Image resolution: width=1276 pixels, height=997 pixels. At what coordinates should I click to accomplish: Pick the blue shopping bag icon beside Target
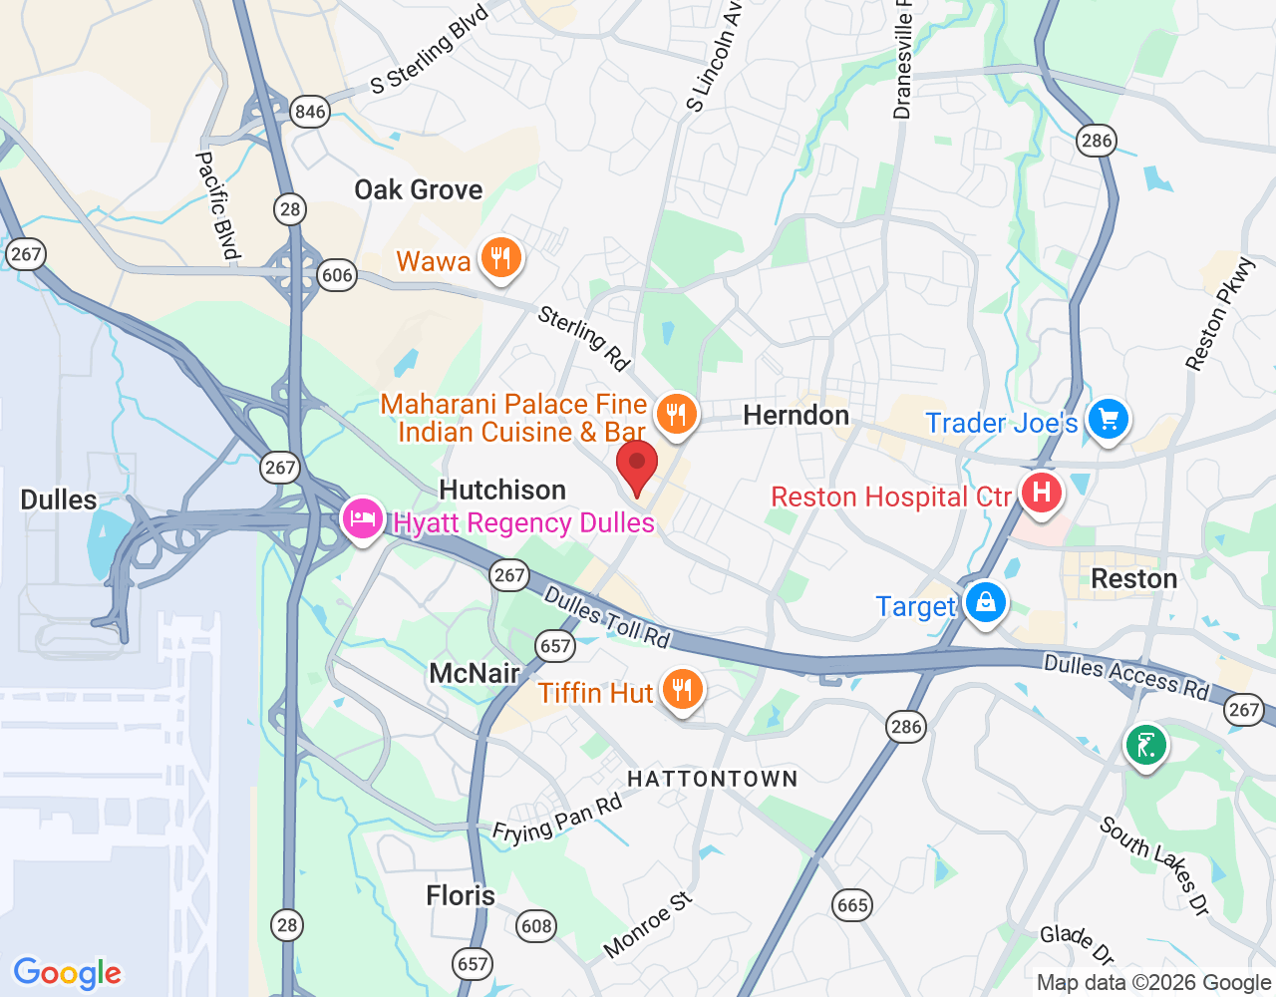(x=985, y=603)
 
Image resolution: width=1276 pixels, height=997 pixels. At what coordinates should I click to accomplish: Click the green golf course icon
(x=1146, y=745)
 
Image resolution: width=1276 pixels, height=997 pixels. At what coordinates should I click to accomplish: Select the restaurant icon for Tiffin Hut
(x=682, y=689)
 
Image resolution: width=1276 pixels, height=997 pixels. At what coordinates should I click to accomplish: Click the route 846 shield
(x=310, y=112)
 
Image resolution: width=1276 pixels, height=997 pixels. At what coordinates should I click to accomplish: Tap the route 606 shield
(x=337, y=275)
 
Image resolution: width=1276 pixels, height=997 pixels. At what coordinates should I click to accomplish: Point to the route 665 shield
(x=852, y=905)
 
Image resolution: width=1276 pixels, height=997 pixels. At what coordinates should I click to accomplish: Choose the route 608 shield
(x=536, y=926)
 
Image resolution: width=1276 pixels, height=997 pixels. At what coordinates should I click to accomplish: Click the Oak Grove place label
(x=419, y=189)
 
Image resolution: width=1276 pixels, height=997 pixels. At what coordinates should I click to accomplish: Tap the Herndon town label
(x=797, y=415)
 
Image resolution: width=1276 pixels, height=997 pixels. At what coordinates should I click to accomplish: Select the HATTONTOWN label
(x=713, y=779)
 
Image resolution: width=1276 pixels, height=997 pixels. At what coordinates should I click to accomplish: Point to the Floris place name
(x=461, y=895)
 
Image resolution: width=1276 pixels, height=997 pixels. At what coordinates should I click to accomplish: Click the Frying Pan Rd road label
(x=557, y=820)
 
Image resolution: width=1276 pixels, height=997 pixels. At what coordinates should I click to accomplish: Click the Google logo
(x=68, y=973)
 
